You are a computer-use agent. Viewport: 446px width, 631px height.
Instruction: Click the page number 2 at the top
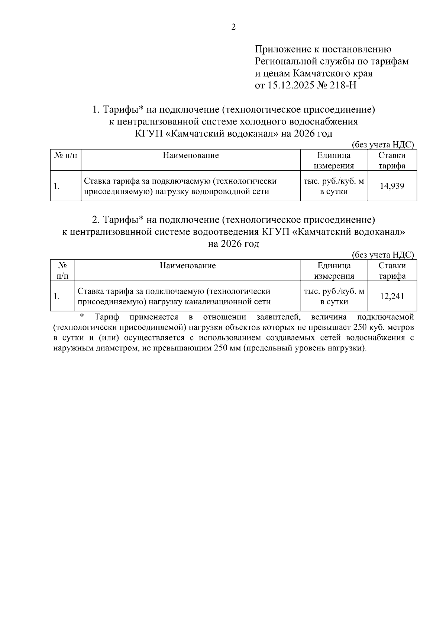tap(233, 27)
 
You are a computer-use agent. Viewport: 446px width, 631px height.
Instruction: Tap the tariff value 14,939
tap(392, 186)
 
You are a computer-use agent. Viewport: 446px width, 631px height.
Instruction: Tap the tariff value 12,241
tap(392, 296)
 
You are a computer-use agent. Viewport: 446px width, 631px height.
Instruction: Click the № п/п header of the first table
tap(66, 156)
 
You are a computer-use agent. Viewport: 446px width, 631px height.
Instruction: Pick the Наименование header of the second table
tap(188, 266)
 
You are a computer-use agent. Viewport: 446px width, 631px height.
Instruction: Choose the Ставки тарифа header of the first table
tap(392, 161)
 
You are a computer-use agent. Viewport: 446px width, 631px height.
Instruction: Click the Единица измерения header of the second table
tap(334, 271)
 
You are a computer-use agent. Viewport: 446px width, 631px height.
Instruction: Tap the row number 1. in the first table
tap(56, 186)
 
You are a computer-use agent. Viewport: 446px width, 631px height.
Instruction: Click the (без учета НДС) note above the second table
tap(382, 255)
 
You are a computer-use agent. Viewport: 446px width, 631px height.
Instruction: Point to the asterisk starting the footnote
tap(83, 316)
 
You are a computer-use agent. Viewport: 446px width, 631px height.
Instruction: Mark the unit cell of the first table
tap(334, 186)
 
